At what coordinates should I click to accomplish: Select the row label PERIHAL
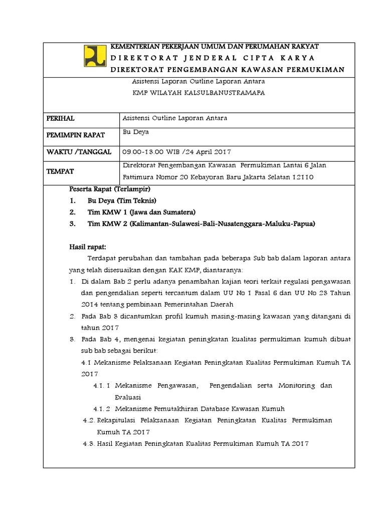click(x=60, y=118)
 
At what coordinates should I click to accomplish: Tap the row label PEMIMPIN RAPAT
click(x=75, y=135)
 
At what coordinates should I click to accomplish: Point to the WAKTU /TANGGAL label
click(x=79, y=152)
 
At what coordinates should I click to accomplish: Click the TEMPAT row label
click(x=60, y=171)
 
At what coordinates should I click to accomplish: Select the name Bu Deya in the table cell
click(x=136, y=132)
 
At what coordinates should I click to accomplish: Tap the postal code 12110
click(x=303, y=177)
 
